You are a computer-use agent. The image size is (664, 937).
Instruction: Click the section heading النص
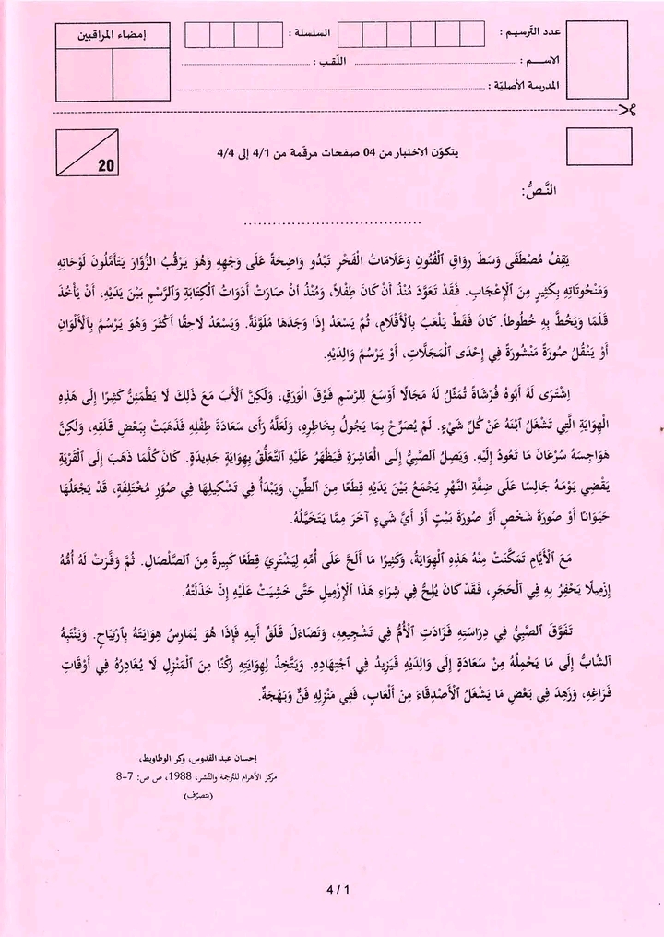click(x=538, y=193)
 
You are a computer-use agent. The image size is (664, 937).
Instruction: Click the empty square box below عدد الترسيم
click(x=599, y=148)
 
